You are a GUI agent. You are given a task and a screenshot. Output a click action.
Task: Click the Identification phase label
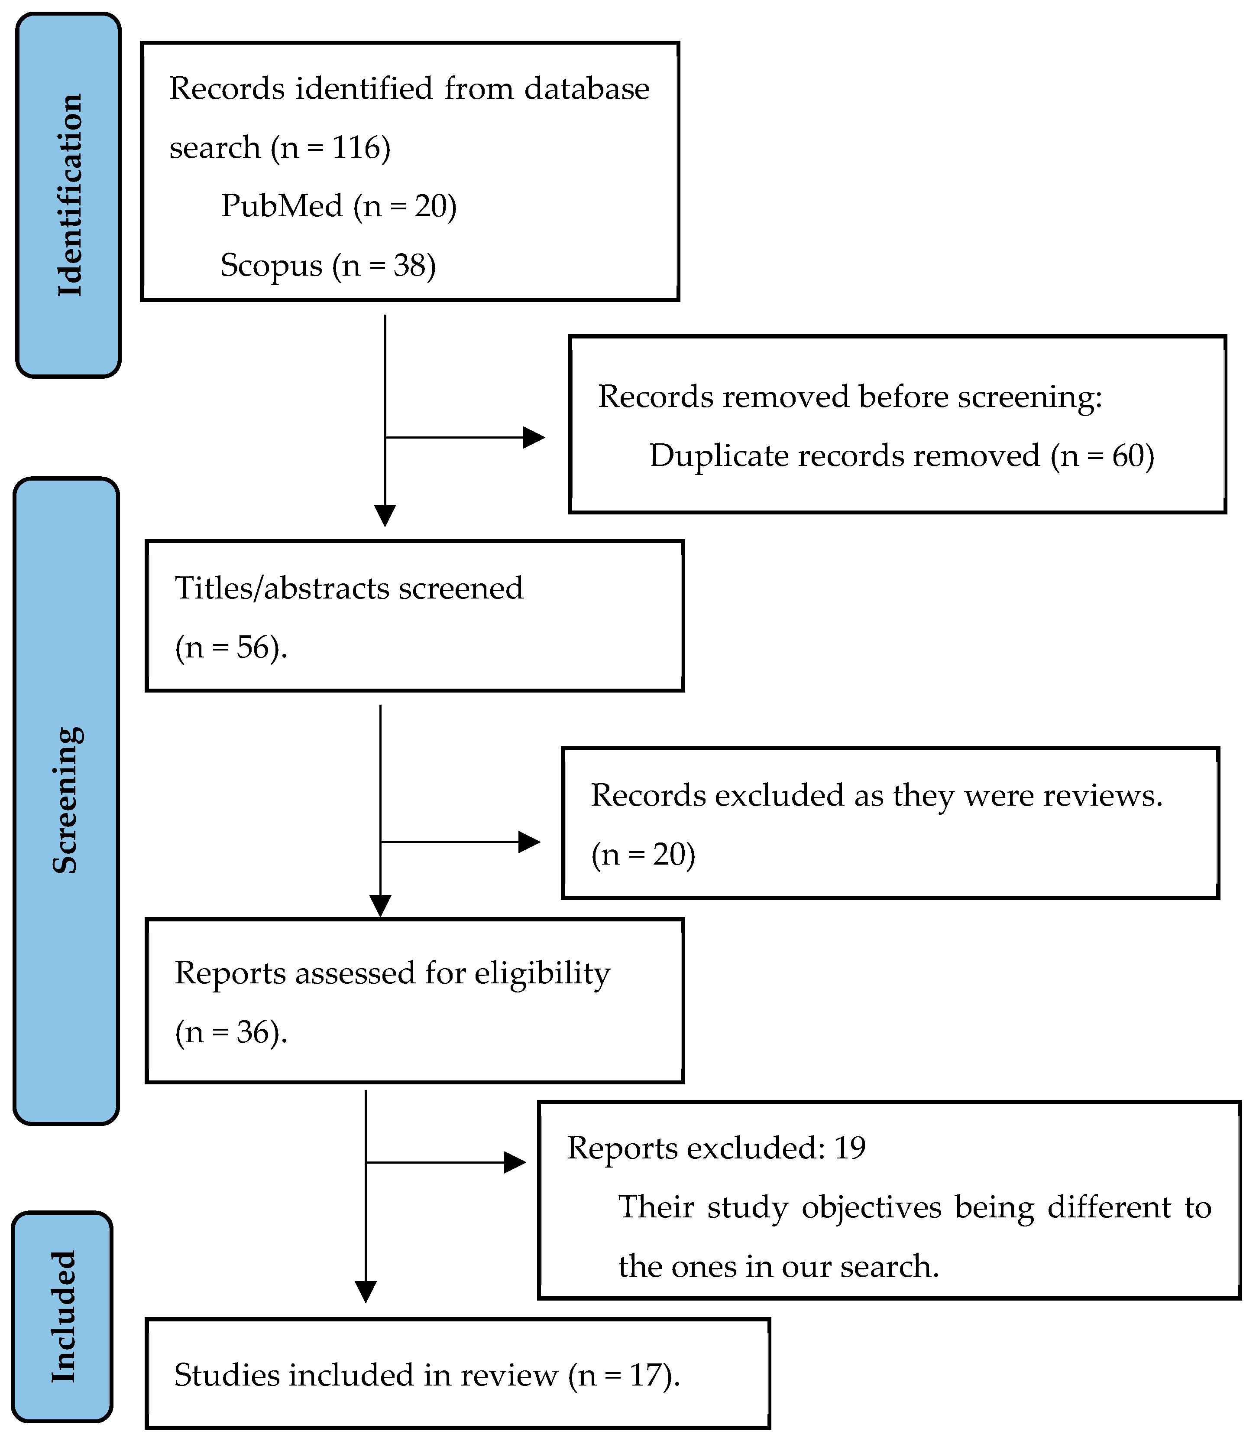coord(69,195)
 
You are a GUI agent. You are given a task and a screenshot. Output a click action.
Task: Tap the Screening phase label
coord(67,800)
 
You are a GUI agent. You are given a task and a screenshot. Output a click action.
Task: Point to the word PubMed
coord(282,206)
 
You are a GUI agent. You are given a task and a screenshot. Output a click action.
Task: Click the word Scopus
coord(271,266)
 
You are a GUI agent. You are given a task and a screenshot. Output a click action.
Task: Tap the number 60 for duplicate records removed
coord(1128,456)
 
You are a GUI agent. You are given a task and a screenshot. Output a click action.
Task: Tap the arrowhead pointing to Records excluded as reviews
coord(530,842)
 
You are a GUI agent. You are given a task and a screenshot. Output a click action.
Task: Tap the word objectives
coord(872,1207)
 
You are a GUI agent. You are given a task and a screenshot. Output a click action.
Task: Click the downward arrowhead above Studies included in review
coord(366,1291)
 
